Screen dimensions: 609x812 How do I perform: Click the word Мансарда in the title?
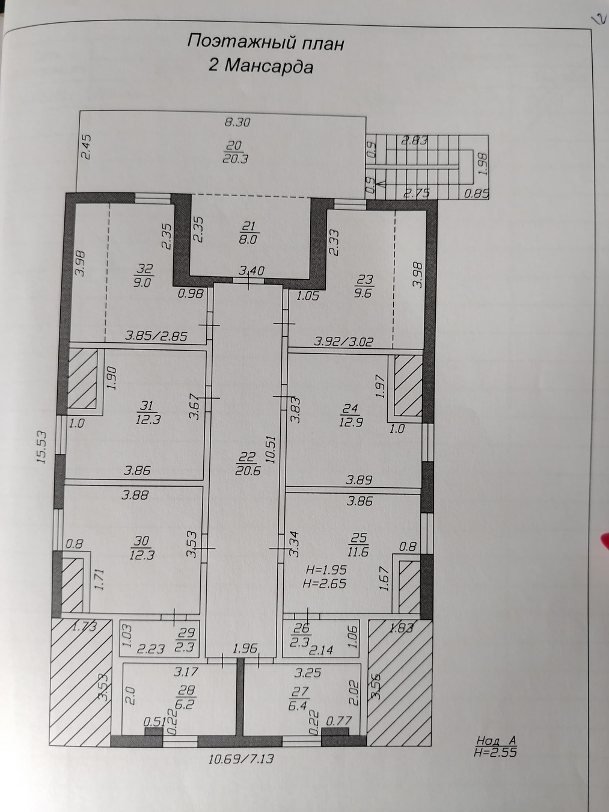tap(269, 67)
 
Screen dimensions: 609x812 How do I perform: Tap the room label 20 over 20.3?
tap(235, 152)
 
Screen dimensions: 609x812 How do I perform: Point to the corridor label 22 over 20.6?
tap(247, 464)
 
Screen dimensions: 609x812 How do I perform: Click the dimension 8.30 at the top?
tap(237, 122)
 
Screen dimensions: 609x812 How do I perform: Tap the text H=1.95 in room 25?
tap(324, 570)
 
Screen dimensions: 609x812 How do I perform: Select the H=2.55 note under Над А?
tap(495, 752)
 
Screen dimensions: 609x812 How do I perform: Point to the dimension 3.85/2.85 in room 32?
tap(156, 336)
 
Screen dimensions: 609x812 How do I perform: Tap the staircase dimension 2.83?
tap(415, 141)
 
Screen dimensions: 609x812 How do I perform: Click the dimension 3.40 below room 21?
tap(251, 271)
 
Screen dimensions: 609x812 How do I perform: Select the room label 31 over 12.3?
tap(147, 413)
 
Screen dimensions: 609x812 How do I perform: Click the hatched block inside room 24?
tap(408, 385)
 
